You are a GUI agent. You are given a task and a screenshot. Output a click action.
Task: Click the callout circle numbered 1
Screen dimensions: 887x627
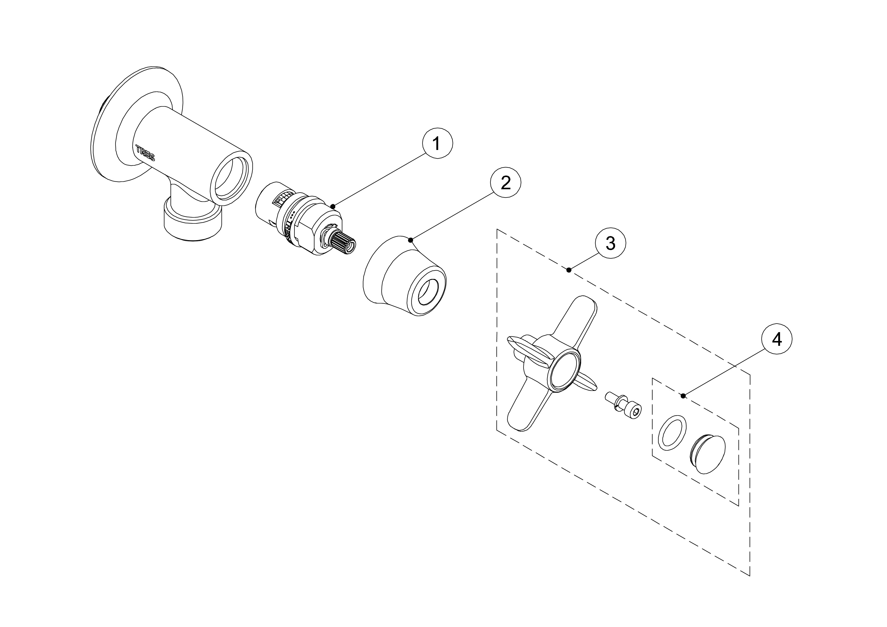437,144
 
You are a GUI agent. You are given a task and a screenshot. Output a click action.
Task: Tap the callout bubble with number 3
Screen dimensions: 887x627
611,243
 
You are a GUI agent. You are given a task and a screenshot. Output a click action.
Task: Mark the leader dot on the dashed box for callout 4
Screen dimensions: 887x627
683,395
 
